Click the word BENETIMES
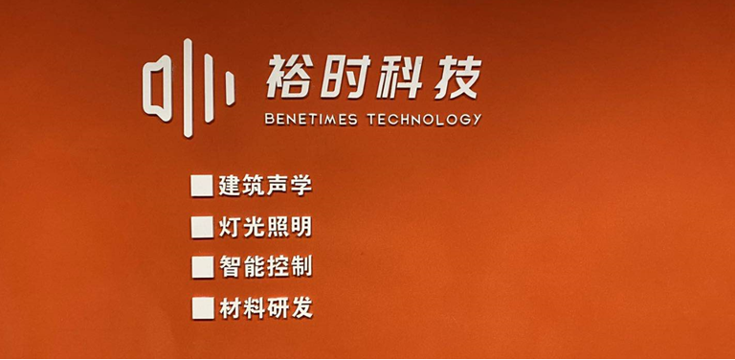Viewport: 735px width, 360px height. pyautogui.click(x=311, y=119)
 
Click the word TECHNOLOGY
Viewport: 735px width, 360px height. pyautogui.click(x=424, y=119)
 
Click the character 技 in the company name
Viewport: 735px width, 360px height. pyautogui.click(x=457, y=77)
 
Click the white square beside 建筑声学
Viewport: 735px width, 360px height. pyautogui.click(x=202, y=186)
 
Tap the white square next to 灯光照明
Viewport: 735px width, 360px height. pyautogui.click(x=203, y=227)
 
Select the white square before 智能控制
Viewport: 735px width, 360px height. pyautogui.click(x=203, y=267)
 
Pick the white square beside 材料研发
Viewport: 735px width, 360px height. pyautogui.click(x=204, y=308)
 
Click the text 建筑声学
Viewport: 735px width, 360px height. pyautogui.click(x=265, y=186)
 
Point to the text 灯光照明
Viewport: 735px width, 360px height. pyautogui.click(x=265, y=227)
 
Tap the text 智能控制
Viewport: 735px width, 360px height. pyautogui.click(x=266, y=268)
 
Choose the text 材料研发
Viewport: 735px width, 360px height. pyautogui.click(x=266, y=308)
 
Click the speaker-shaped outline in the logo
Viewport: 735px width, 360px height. pyautogui.click(x=145, y=89)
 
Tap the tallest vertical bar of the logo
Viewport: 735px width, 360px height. pyautogui.click(x=188, y=88)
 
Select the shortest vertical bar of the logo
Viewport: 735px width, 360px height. pyautogui.click(x=230, y=89)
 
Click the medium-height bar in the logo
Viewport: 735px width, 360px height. pyautogui.click(x=209, y=88)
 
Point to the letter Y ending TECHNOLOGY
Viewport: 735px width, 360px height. pyautogui.click(x=477, y=119)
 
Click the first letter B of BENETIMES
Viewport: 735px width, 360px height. pyautogui.click(x=269, y=119)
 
